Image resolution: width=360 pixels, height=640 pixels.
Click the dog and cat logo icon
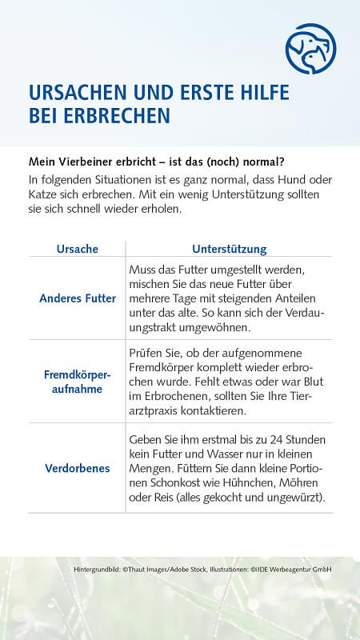point(310,49)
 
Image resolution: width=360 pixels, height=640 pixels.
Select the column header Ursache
point(77,249)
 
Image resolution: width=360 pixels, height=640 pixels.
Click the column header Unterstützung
point(230,249)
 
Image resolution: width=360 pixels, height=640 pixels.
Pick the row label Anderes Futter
point(78,298)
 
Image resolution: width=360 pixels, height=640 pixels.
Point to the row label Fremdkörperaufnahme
point(78,381)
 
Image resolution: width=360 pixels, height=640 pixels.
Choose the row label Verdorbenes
point(78,468)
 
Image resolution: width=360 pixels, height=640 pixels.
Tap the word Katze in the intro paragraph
point(46,194)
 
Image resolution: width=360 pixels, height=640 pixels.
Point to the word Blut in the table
point(300,382)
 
